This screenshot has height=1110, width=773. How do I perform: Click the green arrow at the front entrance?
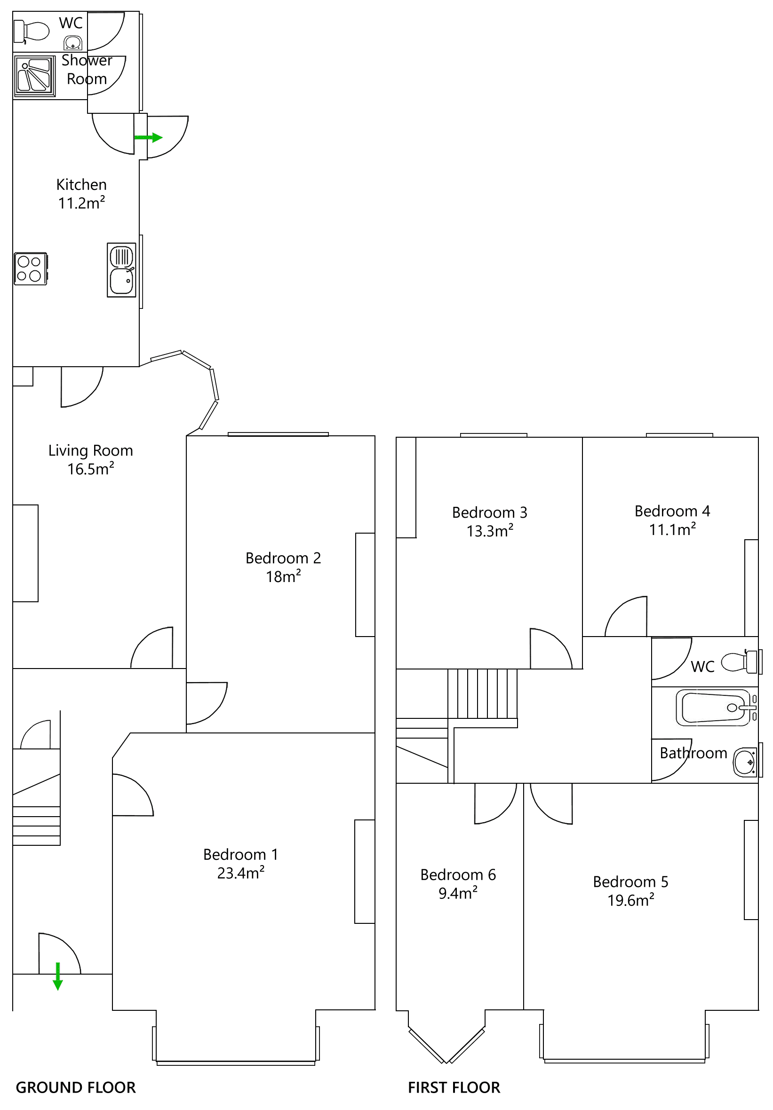pyautogui.click(x=57, y=976)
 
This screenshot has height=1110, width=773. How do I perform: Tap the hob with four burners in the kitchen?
pyautogui.click(x=31, y=269)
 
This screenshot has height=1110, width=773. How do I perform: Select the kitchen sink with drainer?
pyautogui.click(x=121, y=270)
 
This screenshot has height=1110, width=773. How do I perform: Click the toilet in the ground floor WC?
pyautogui.click(x=32, y=31)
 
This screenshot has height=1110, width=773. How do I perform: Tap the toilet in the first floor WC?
pyautogui.click(x=739, y=662)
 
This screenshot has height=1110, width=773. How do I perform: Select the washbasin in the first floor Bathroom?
pyautogui.click(x=744, y=763)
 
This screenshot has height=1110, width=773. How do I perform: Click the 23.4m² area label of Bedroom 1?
pyautogui.click(x=240, y=873)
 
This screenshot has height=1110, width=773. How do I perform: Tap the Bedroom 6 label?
pyautogui.click(x=458, y=874)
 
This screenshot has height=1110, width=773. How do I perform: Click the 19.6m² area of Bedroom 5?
pyautogui.click(x=630, y=901)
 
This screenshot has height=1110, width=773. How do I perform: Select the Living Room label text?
pyautogui.click(x=90, y=450)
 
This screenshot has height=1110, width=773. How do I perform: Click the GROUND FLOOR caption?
pyautogui.click(x=75, y=1087)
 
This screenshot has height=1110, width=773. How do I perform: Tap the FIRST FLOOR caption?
pyautogui.click(x=453, y=1087)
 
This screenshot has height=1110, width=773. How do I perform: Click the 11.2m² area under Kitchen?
pyautogui.click(x=81, y=203)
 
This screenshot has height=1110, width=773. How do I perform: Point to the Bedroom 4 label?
pyautogui.click(x=672, y=511)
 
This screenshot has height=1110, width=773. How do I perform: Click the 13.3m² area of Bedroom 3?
pyautogui.click(x=489, y=531)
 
